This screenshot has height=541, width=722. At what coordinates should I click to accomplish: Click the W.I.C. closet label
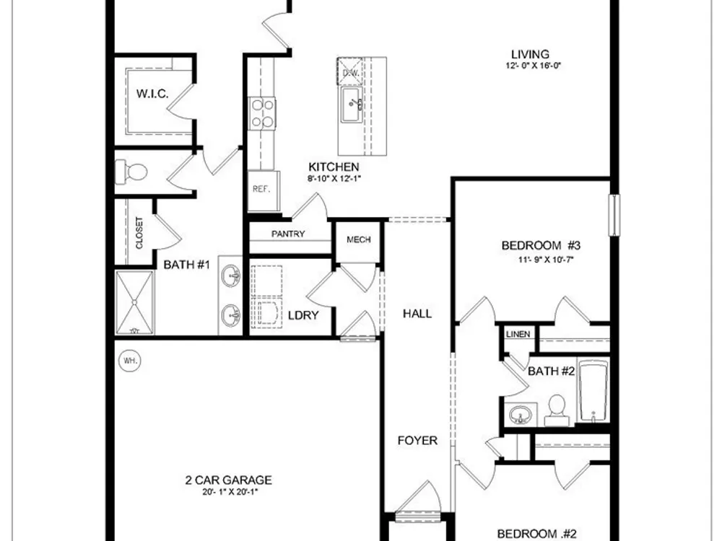152,94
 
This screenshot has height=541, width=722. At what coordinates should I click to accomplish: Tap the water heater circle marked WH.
130,361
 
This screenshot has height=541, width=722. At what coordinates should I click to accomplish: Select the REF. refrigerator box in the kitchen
264,190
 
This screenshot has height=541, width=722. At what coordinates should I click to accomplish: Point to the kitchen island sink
352,105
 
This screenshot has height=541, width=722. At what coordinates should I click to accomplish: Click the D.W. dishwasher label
351,73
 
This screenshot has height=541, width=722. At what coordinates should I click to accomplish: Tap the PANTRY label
288,234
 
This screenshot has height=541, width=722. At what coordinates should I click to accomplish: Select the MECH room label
359,239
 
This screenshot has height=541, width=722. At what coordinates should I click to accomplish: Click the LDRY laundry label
303,316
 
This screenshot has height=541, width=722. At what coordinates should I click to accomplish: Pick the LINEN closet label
518,335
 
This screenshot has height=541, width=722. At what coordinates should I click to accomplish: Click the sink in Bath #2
521,414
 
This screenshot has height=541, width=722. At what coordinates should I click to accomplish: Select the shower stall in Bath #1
134,303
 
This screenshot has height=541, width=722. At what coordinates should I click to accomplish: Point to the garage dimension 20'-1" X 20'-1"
230,492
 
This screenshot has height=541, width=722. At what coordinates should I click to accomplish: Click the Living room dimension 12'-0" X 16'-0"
533,66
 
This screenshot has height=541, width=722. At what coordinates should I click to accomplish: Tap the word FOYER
417,441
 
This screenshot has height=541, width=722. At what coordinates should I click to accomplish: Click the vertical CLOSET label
139,233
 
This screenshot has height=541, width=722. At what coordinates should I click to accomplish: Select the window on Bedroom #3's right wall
614,215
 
